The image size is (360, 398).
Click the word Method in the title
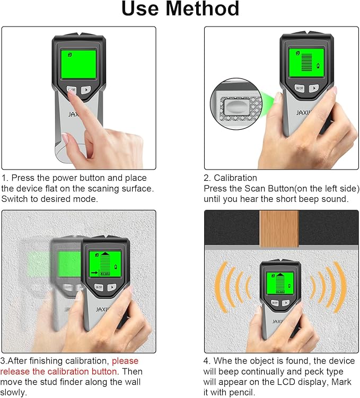[205, 10]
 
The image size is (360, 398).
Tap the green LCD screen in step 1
[78, 64]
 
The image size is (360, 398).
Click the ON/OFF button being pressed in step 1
[71, 90]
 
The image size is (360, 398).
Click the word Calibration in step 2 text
[235, 178]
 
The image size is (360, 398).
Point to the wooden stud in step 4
[279, 228]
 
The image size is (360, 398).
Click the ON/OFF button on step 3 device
[99, 287]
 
